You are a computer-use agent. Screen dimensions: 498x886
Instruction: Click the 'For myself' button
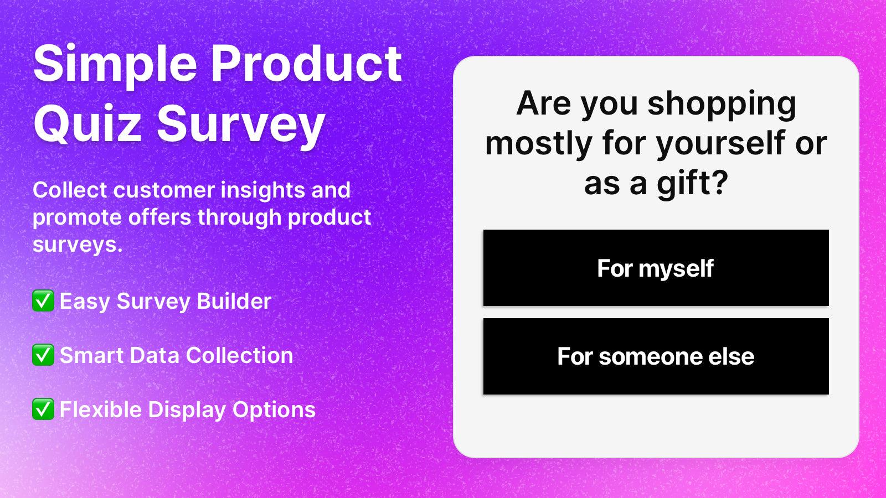coord(656,268)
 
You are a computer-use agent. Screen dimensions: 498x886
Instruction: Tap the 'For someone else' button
coord(656,356)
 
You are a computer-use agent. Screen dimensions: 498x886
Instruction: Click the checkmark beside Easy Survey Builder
coord(43,302)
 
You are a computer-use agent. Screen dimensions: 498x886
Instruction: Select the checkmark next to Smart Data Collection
coord(43,355)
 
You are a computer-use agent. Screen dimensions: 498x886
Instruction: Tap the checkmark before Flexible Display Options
coord(43,409)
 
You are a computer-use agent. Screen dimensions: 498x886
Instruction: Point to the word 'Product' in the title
coord(306,63)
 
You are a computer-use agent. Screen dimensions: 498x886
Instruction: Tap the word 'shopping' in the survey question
coord(722,104)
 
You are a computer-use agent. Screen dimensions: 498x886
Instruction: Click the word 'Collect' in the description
coord(70,190)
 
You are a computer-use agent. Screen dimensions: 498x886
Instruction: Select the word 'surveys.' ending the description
coord(78,244)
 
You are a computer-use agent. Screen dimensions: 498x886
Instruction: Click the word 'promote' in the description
coord(78,217)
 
